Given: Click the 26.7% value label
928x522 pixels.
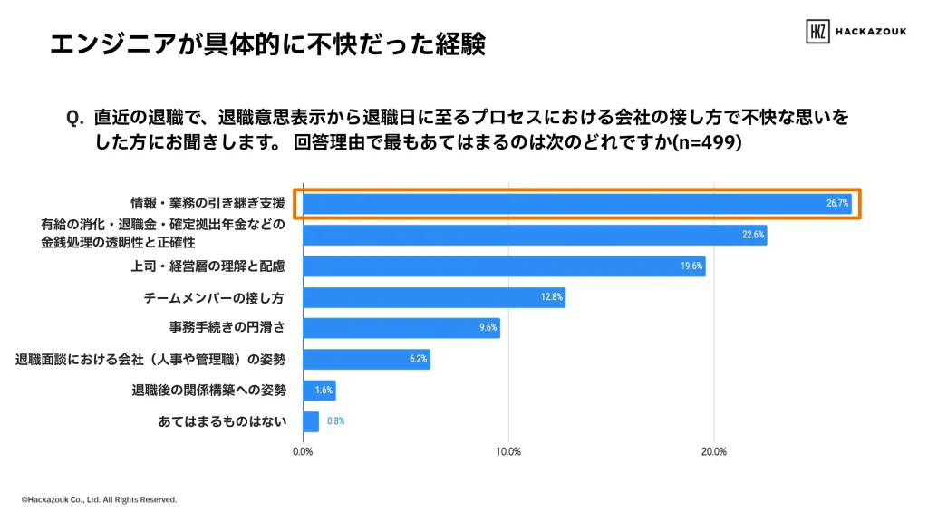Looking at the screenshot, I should (x=836, y=204).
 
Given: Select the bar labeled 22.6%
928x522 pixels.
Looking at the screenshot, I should (x=535, y=235).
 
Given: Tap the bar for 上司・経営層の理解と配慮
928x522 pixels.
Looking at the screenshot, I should (x=504, y=266).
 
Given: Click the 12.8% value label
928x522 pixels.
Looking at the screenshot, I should (x=553, y=297).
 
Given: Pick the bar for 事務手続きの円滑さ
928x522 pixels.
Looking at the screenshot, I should (x=401, y=328).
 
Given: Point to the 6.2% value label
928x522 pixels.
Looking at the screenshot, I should (x=418, y=359).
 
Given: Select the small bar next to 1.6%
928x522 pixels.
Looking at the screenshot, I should (x=318, y=391).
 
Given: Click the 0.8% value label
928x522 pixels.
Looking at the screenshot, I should (x=335, y=421).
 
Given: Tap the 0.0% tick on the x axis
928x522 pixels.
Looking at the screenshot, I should (x=303, y=451).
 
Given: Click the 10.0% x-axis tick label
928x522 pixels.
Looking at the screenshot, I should (x=508, y=451).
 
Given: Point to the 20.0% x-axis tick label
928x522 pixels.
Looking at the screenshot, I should (x=713, y=451).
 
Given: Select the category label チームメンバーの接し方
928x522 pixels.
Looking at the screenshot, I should (x=215, y=297).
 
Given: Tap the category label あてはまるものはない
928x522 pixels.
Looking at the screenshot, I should (x=222, y=421).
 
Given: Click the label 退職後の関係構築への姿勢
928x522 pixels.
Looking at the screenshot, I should (x=208, y=391).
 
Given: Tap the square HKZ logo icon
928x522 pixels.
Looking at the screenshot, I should (x=817, y=32).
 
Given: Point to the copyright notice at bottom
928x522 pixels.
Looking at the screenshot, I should (x=99, y=499).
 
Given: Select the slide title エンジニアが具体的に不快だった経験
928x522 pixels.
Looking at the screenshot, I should (x=267, y=43).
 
